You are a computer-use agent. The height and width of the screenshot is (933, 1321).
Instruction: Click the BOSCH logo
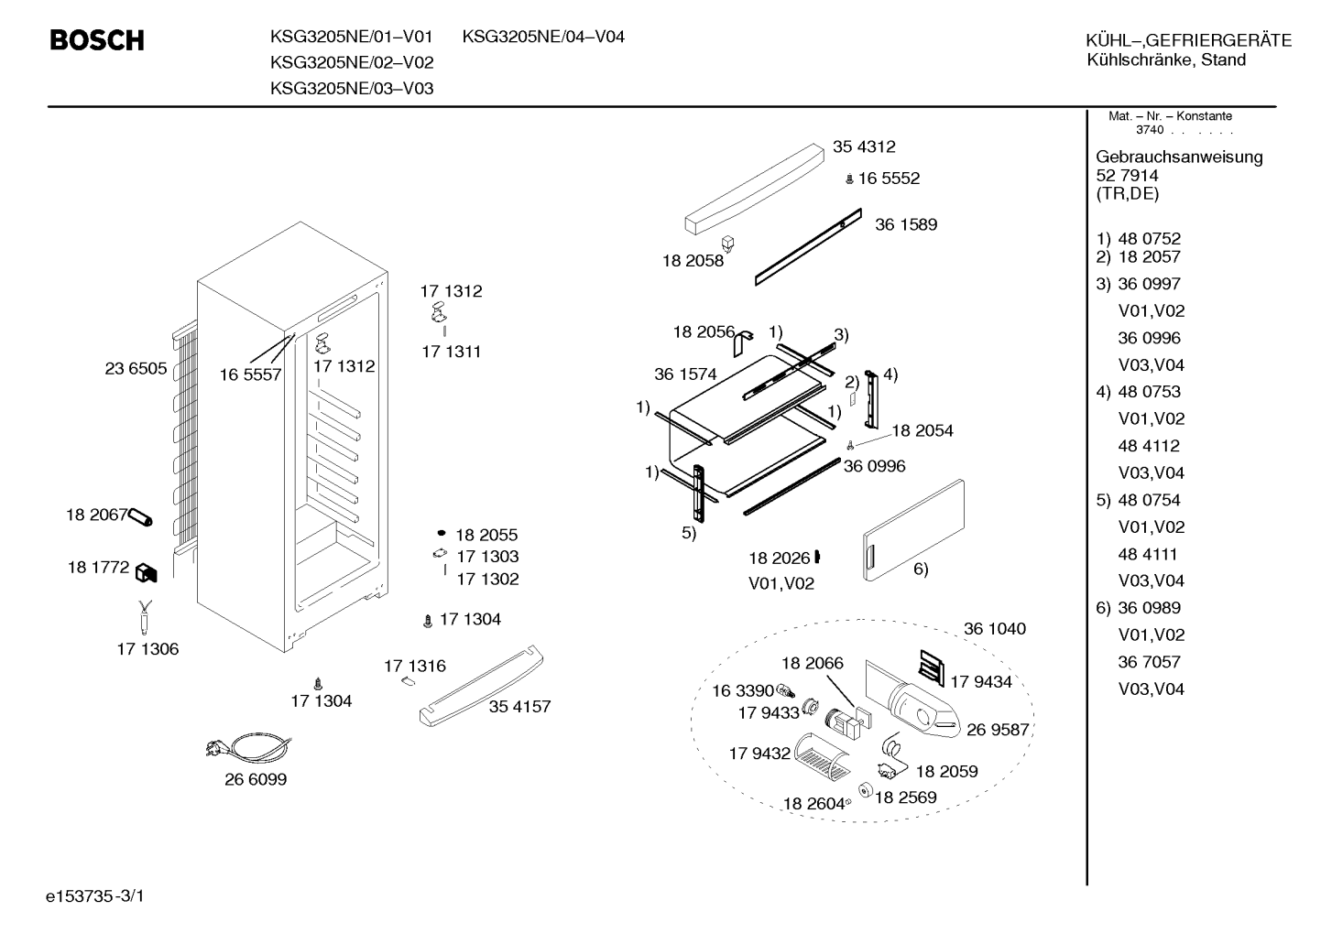pos(97,40)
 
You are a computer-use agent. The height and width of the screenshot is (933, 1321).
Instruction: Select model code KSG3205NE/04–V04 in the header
pos(543,37)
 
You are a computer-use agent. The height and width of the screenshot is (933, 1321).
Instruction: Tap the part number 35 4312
pos(863,146)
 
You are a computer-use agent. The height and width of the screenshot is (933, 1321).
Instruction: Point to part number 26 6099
pos(256,779)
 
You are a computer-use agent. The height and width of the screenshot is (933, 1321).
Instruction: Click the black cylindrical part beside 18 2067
pos(140,517)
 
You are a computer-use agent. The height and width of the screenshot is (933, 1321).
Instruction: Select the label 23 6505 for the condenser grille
pos(136,368)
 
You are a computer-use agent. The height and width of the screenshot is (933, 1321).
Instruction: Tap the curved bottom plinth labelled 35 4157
pos(481,686)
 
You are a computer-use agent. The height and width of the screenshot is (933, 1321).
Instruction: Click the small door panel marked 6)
pos(913,530)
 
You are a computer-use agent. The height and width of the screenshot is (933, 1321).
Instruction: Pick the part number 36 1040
pos(995,629)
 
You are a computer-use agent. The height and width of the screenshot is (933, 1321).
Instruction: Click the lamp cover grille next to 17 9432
pos(822,758)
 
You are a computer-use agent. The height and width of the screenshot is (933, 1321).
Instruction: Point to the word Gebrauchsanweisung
pos(1180,157)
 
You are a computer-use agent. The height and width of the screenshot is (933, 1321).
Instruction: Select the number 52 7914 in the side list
pos(1127,176)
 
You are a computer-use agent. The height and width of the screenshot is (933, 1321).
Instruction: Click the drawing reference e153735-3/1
pos(95,896)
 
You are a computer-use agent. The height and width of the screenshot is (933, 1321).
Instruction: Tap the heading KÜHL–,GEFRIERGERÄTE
pos(1189,40)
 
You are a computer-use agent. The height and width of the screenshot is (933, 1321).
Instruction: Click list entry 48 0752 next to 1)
pos(1150,239)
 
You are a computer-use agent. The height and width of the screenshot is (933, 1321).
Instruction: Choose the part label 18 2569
pos(905,797)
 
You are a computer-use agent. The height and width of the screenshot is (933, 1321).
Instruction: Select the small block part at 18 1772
pos(147,572)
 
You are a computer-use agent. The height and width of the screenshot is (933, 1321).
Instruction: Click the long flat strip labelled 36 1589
pos(809,247)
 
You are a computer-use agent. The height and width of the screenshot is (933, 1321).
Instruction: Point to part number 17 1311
pos(451,352)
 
